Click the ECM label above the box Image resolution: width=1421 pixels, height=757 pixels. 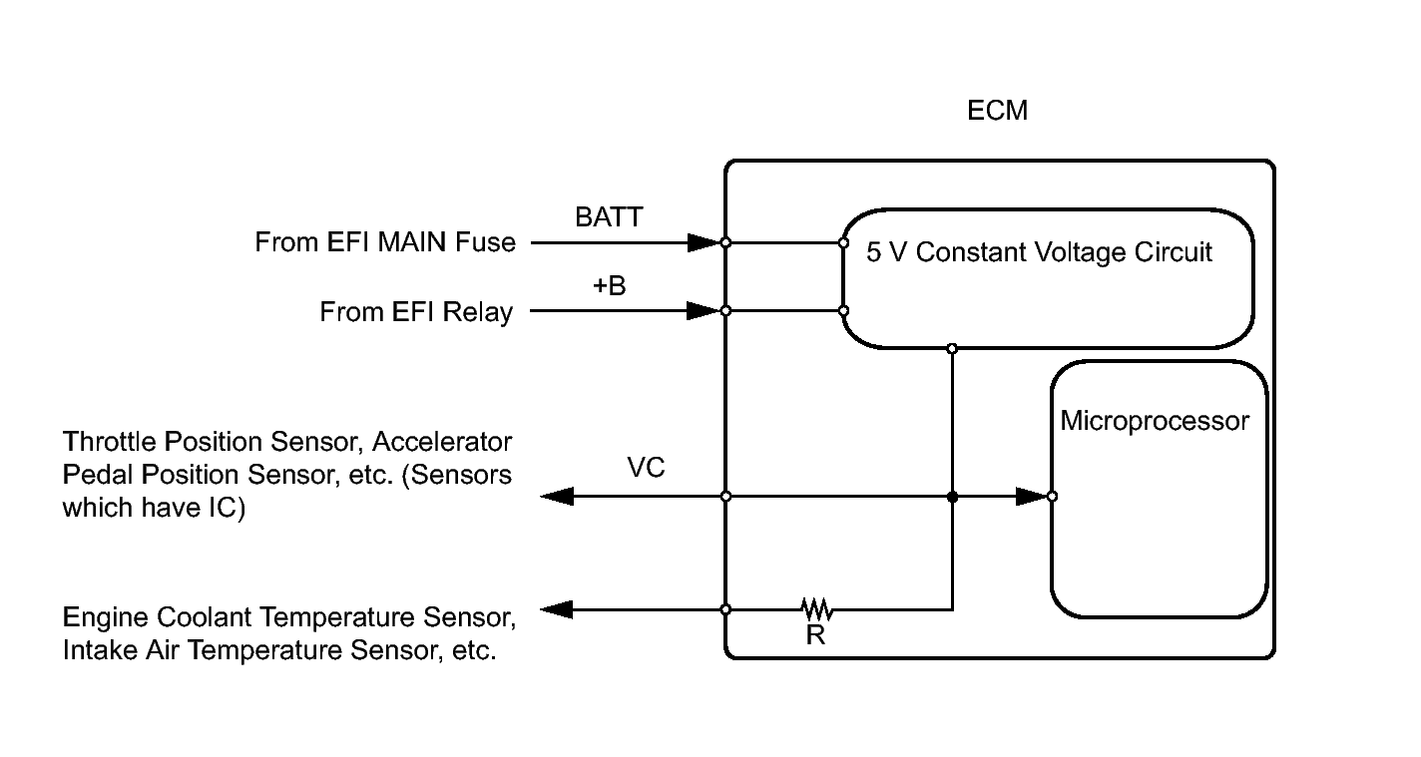(997, 111)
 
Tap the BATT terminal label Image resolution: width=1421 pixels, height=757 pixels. (609, 217)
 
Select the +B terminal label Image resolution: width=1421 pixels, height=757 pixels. (609, 286)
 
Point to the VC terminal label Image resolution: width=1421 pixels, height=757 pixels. (646, 468)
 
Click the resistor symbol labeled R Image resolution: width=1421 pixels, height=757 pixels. (816, 608)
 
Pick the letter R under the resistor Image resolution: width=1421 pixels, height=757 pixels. (815, 635)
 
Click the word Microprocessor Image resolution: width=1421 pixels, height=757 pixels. (1154, 421)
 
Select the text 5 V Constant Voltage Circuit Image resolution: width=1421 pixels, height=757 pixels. (1039, 252)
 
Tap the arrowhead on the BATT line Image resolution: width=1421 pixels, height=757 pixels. (703, 242)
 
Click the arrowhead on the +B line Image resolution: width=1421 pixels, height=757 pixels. (703, 311)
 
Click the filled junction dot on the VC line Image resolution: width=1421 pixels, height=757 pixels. (952, 496)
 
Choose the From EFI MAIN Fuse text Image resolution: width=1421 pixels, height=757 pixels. (385, 242)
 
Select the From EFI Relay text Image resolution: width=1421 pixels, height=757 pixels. (416, 312)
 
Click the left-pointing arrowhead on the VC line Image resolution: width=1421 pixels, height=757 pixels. (558, 496)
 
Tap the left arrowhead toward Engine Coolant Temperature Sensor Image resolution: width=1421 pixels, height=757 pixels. (558, 608)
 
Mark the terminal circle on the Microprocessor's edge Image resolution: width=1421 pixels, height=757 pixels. (1052, 496)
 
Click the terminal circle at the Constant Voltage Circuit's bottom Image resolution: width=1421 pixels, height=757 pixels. (952, 348)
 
